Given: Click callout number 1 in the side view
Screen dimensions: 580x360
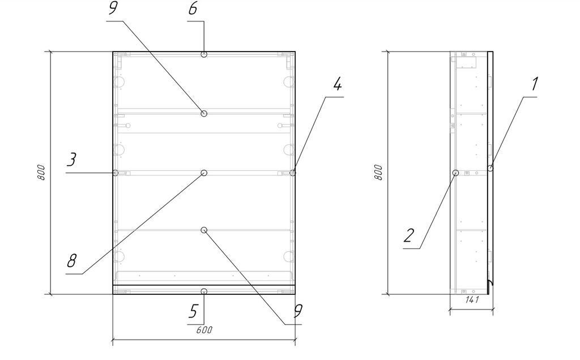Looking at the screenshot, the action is pyautogui.click(x=534, y=84).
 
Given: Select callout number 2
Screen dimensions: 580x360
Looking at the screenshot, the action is pyautogui.click(x=409, y=235).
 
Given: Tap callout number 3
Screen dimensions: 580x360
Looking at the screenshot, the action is pyautogui.click(x=71, y=159).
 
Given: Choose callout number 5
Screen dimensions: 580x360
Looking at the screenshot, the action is pyautogui.click(x=193, y=311).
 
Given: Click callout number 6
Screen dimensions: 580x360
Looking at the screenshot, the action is pyautogui.click(x=193, y=8).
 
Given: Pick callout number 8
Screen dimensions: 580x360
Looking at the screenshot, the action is pyautogui.click(x=71, y=260).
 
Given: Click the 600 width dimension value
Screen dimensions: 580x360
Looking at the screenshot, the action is pyautogui.click(x=204, y=330).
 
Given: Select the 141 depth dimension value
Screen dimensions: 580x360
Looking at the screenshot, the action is pyautogui.click(x=472, y=299).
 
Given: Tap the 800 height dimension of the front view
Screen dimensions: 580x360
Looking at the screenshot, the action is pyautogui.click(x=41, y=172).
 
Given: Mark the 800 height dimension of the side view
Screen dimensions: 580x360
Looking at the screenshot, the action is pyautogui.click(x=378, y=172).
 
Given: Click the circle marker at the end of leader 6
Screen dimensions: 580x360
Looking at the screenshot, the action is pyautogui.click(x=204, y=54).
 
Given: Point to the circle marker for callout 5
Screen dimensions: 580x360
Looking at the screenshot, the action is pyautogui.click(x=204, y=292).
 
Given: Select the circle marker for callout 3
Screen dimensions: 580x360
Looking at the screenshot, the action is pyautogui.click(x=116, y=173).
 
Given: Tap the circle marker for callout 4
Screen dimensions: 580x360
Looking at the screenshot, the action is pyautogui.click(x=293, y=173).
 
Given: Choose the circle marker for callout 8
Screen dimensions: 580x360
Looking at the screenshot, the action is pyautogui.click(x=204, y=173).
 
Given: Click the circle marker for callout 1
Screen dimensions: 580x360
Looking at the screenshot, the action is pyautogui.click(x=491, y=168).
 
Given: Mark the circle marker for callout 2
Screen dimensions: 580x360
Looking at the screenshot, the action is pyautogui.click(x=456, y=173).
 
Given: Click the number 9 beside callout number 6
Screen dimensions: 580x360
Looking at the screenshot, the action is pyautogui.click(x=113, y=8).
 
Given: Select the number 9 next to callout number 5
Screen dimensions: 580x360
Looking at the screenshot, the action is pyautogui.click(x=298, y=311).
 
